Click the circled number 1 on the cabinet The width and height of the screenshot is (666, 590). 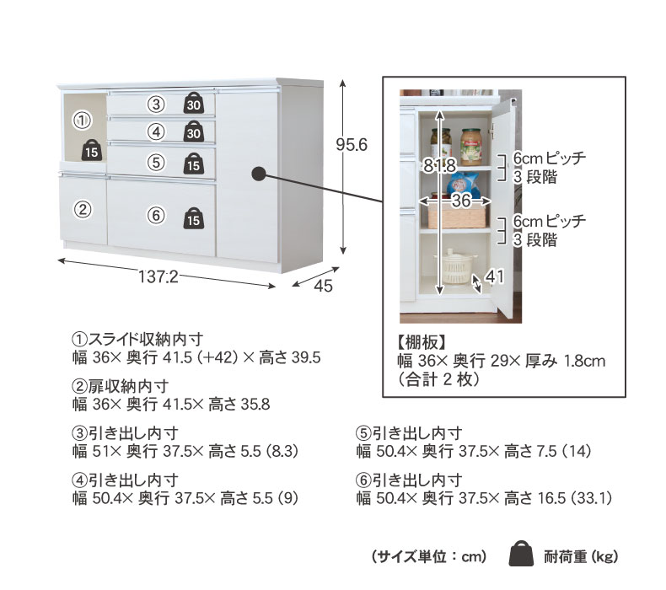pyautogui.click(x=83, y=121)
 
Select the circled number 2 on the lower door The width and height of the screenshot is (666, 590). pyautogui.click(x=83, y=209)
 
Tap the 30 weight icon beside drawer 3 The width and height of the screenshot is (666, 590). pyautogui.click(x=194, y=103)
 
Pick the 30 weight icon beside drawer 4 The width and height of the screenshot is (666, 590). pyautogui.click(x=194, y=131)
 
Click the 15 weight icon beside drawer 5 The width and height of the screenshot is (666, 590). pyautogui.click(x=194, y=164)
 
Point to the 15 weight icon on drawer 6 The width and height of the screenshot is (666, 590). pyautogui.click(x=194, y=218)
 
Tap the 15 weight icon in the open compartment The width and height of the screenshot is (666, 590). pyautogui.click(x=92, y=150)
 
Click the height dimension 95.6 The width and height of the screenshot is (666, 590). pyautogui.click(x=352, y=145)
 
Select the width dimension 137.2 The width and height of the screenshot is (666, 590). pyautogui.click(x=158, y=277)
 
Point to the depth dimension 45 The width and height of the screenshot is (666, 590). pyautogui.click(x=323, y=286)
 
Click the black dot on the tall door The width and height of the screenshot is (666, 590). pyautogui.click(x=258, y=174)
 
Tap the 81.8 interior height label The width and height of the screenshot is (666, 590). pyautogui.click(x=440, y=165)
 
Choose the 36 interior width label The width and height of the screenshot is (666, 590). pyautogui.click(x=461, y=200)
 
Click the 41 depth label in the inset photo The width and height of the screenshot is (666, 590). pyautogui.click(x=495, y=277)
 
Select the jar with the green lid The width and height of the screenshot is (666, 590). pyautogui.click(x=472, y=147)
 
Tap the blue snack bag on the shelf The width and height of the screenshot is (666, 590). pyautogui.click(x=463, y=185)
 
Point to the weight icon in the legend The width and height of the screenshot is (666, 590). pyautogui.click(x=521, y=553)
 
